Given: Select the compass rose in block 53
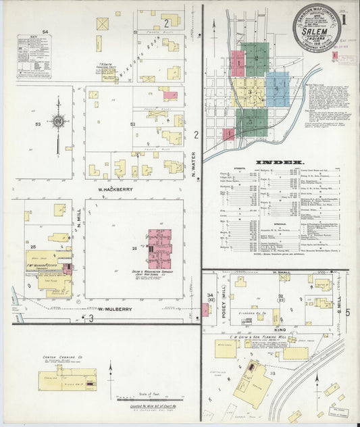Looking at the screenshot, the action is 60,122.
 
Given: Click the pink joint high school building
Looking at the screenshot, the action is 160,248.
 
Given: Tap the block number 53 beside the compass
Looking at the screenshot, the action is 38,124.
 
